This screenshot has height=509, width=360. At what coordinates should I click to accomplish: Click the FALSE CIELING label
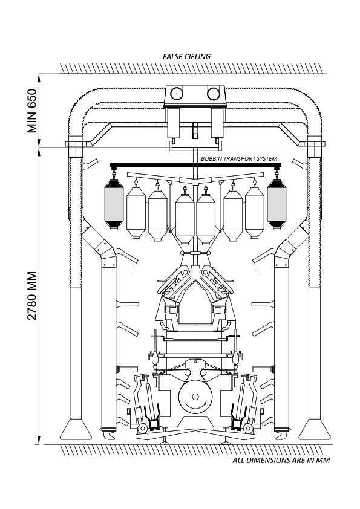pos(186,56)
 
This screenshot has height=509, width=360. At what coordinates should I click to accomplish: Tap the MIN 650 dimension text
pos(32,111)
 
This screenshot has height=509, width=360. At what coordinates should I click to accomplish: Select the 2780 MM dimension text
pos(32,296)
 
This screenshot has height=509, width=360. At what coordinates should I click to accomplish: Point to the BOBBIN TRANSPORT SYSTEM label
pos(239,159)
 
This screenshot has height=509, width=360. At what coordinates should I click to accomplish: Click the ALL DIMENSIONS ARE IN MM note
pos(281,460)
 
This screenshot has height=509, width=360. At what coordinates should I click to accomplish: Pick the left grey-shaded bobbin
pos(114,204)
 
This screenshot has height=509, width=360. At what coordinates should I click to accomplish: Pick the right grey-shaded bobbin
pos(277,204)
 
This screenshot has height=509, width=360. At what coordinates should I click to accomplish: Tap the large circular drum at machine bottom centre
pos(195,397)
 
